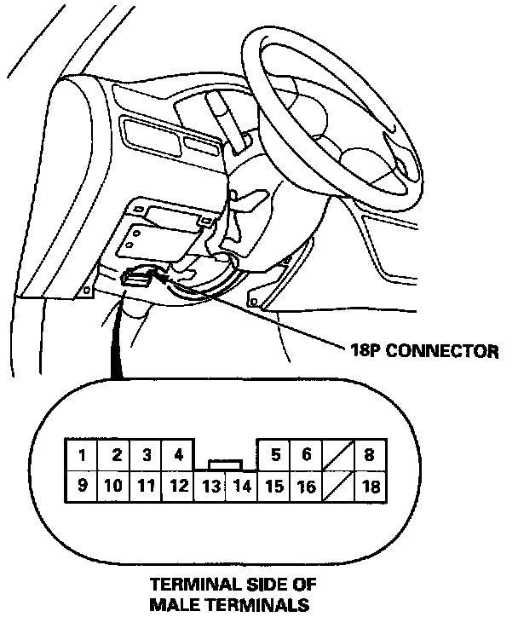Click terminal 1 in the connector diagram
[82, 454]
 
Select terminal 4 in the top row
[178, 454]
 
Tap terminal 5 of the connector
[275, 454]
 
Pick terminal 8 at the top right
[370, 454]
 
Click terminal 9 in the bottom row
[82, 487]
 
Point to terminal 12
[178, 487]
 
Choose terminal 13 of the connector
[210, 487]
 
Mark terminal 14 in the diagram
[242, 487]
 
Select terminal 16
[306, 487]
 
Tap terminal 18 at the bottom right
[370, 487]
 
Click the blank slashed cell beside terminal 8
[338, 454]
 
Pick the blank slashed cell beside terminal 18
[338, 487]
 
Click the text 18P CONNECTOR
[419, 349]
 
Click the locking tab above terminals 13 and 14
[226, 464]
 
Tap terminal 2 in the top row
[114, 454]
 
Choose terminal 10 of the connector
[114, 487]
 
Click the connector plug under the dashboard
[138, 277]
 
